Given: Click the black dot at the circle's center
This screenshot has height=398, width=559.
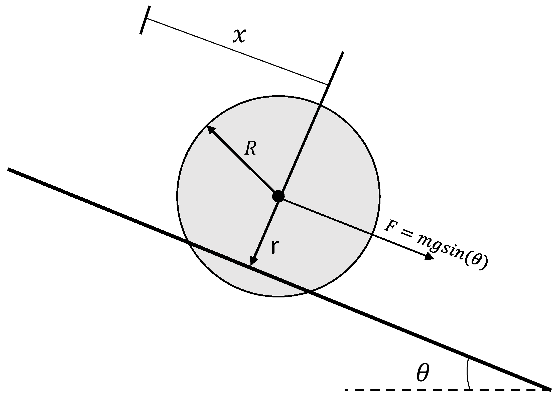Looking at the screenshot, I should point(278,196).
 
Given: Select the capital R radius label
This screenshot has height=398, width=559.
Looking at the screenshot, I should point(250,148).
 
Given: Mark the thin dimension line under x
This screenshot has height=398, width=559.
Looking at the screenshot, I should point(237,51).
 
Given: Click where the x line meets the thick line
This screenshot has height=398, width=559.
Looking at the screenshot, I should point(327,85).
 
